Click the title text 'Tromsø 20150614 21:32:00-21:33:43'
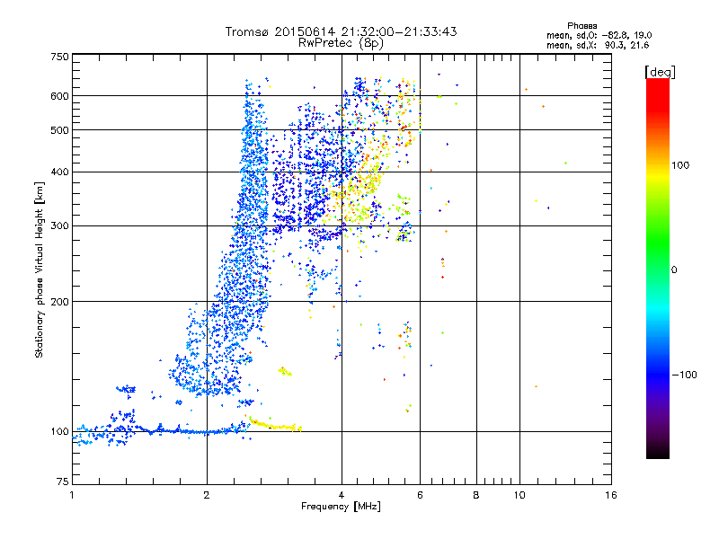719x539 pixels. [x=341, y=31]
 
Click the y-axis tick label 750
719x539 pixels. [x=59, y=56]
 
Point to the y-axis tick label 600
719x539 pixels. [x=59, y=95]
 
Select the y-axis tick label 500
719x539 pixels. [x=59, y=129]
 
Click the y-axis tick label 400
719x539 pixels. [x=59, y=171]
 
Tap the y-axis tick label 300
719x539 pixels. [x=59, y=225]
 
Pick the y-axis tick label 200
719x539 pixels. [x=59, y=301]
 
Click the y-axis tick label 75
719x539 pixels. [x=62, y=483]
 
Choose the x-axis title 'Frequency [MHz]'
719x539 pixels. [x=341, y=508]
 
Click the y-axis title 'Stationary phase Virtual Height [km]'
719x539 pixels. [x=40, y=269]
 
